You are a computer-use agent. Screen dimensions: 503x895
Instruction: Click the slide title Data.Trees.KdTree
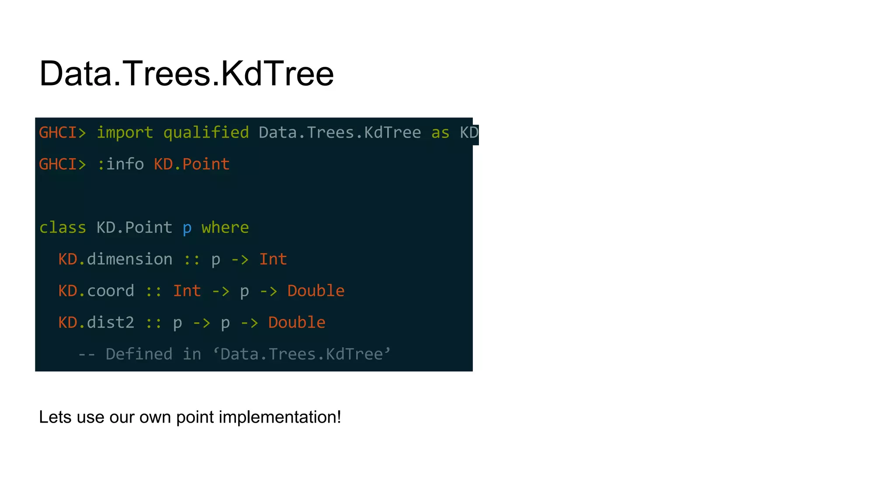[x=187, y=73]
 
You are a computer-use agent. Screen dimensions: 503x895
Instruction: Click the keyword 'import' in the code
[x=125, y=133]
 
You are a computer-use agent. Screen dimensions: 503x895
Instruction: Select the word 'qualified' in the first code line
[x=206, y=133]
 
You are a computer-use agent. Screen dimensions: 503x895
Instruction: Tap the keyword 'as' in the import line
[x=440, y=133]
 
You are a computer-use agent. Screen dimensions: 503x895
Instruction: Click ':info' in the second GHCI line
[x=120, y=165]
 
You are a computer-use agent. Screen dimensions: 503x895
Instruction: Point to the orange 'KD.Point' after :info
[x=191, y=165]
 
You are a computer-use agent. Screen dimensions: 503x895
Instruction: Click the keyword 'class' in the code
[x=62, y=228]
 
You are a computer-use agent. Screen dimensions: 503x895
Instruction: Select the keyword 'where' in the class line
[x=225, y=228]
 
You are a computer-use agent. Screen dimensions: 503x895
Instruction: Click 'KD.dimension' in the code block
[x=115, y=259]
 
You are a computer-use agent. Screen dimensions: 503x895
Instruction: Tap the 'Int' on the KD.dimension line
[x=273, y=259]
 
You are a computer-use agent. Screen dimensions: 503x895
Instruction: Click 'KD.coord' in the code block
[x=96, y=291]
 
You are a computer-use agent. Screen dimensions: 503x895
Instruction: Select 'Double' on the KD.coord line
[x=316, y=291]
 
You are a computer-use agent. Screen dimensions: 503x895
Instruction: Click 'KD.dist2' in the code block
[x=96, y=323]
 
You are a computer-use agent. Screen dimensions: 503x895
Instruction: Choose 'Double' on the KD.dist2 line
[x=297, y=323]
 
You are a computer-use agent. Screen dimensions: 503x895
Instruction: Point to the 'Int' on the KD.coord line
[x=187, y=291]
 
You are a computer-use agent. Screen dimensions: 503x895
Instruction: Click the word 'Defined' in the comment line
[x=139, y=354]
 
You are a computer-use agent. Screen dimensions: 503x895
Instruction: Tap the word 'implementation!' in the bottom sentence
[x=280, y=417]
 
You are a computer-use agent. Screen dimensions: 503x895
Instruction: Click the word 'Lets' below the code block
[x=55, y=417]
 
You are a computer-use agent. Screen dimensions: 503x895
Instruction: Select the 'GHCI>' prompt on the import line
[x=62, y=133]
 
